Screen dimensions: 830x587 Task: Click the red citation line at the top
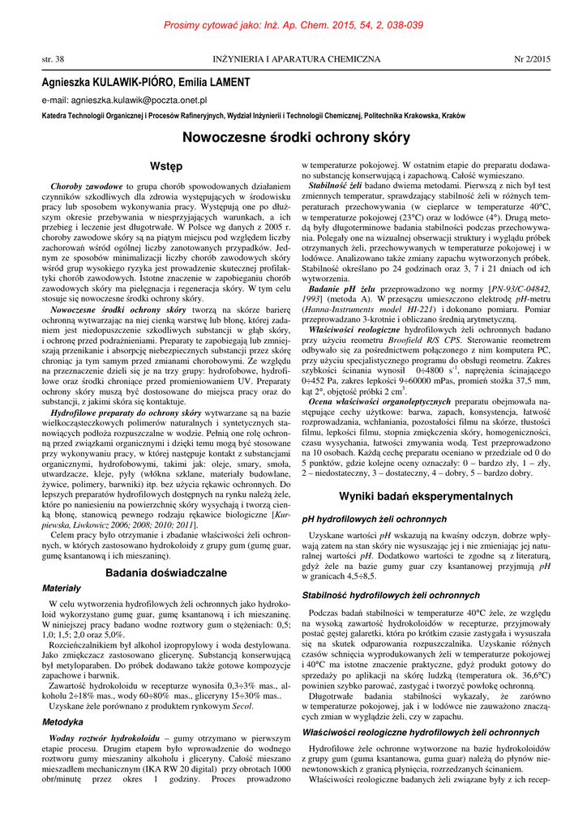click(x=293, y=27)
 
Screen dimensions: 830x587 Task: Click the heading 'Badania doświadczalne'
click(x=166, y=550)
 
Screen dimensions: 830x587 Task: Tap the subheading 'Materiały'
click(x=62, y=564)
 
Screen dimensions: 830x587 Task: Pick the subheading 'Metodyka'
click(x=62, y=721)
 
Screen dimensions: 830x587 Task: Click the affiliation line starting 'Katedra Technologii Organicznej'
click(x=253, y=116)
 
